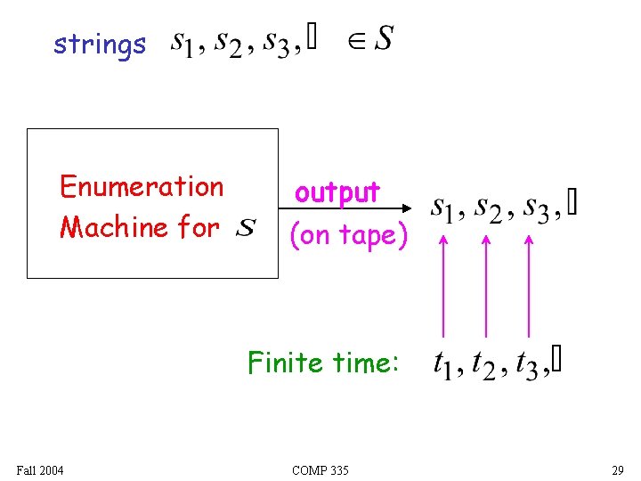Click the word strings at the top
click(x=99, y=45)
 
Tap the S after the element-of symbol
click(x=384, y=39)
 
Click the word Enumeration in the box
click(x=142, y=187)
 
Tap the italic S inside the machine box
click(x=247, y=229)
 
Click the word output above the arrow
click(x=337, y=192)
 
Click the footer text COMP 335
click(x=320, y=469)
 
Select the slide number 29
click(x=617, y=469)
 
